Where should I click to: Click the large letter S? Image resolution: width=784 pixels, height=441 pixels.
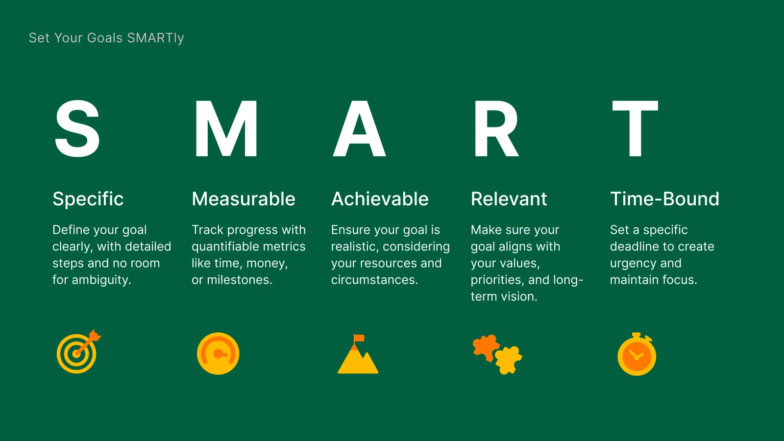77,128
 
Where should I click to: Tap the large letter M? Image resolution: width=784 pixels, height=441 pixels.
226,128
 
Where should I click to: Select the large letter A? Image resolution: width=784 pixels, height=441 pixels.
359,128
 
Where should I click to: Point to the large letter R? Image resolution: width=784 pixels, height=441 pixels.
495,128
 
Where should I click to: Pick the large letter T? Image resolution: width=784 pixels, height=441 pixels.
635,128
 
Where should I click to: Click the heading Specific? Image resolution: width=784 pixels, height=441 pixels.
88,199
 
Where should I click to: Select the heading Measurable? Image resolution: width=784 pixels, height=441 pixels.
244,199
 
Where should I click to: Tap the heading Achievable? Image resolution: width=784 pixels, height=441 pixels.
380,199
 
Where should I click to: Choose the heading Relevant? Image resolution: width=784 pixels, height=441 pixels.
509,199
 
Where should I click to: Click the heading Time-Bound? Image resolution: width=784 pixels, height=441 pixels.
664,199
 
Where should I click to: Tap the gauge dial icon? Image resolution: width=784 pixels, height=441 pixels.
218,354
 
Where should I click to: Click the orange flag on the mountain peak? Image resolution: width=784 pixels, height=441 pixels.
359,338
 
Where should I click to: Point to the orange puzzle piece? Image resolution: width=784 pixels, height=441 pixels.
485,347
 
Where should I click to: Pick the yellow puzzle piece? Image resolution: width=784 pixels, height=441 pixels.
509,360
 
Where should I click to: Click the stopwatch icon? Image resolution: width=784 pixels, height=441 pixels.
637,355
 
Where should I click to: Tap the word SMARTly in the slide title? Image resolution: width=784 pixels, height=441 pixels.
155,38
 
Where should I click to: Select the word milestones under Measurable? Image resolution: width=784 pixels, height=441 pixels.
239,280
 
